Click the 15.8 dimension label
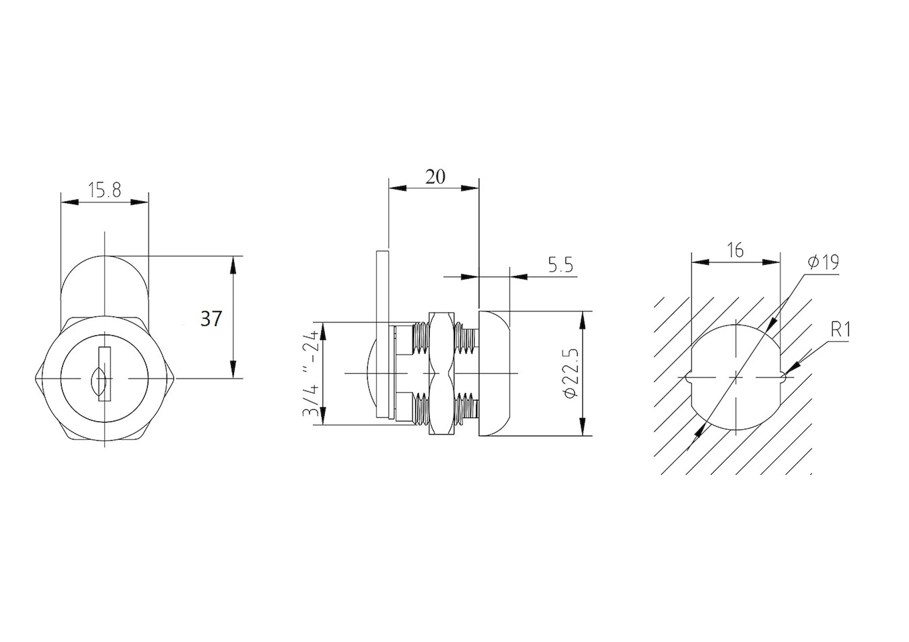pyautogui.click(x=104, y=191)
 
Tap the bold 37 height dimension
pyautogui.click(x=212, y=319)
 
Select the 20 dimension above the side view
pyautogui.click(x=436, y=177)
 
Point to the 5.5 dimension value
pyautogui.click(x=560, y=265)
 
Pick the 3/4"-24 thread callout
pyautogui.click(x=311, y=373)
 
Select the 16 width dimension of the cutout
pyautogui.click(x=735, y=250)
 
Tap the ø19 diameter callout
pyautogui.click(x=823, y=262)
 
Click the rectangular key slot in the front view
pyautogui.click(x=105, y=374)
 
